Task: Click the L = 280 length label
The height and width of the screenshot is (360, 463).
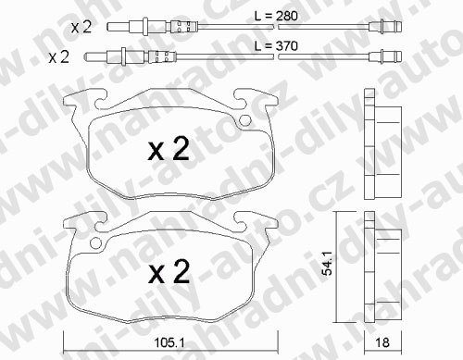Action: pos(276,16)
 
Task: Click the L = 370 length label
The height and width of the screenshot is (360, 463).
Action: pos(276,46)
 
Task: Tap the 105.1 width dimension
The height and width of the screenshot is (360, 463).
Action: pos(169,342)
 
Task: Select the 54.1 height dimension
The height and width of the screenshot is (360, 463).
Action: pos(327,263)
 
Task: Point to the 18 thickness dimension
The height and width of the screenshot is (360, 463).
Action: pos(382,342)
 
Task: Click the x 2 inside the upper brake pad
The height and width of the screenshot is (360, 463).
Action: pos(169,149)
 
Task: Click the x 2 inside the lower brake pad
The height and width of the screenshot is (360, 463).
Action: pos(169,271)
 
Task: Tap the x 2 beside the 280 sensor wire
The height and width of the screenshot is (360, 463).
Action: pos(81,27)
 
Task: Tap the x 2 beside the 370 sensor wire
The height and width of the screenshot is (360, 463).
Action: pos(58,57)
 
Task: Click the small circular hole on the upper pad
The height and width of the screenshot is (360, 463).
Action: pos(245,120)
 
